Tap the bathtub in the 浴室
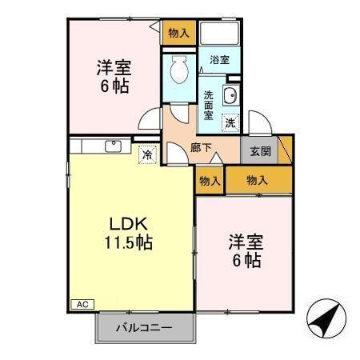[218, 34]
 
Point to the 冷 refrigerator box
[148, 155]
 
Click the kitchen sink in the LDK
[112, 146]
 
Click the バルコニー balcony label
[146, 326]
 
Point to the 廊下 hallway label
[201, 148]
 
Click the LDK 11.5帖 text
[126, 231]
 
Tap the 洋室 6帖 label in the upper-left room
[114, 75]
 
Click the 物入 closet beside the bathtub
[179, 34]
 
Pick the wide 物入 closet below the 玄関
[258, 181]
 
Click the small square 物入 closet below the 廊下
[210, 181]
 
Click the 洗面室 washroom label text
[208, 105]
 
